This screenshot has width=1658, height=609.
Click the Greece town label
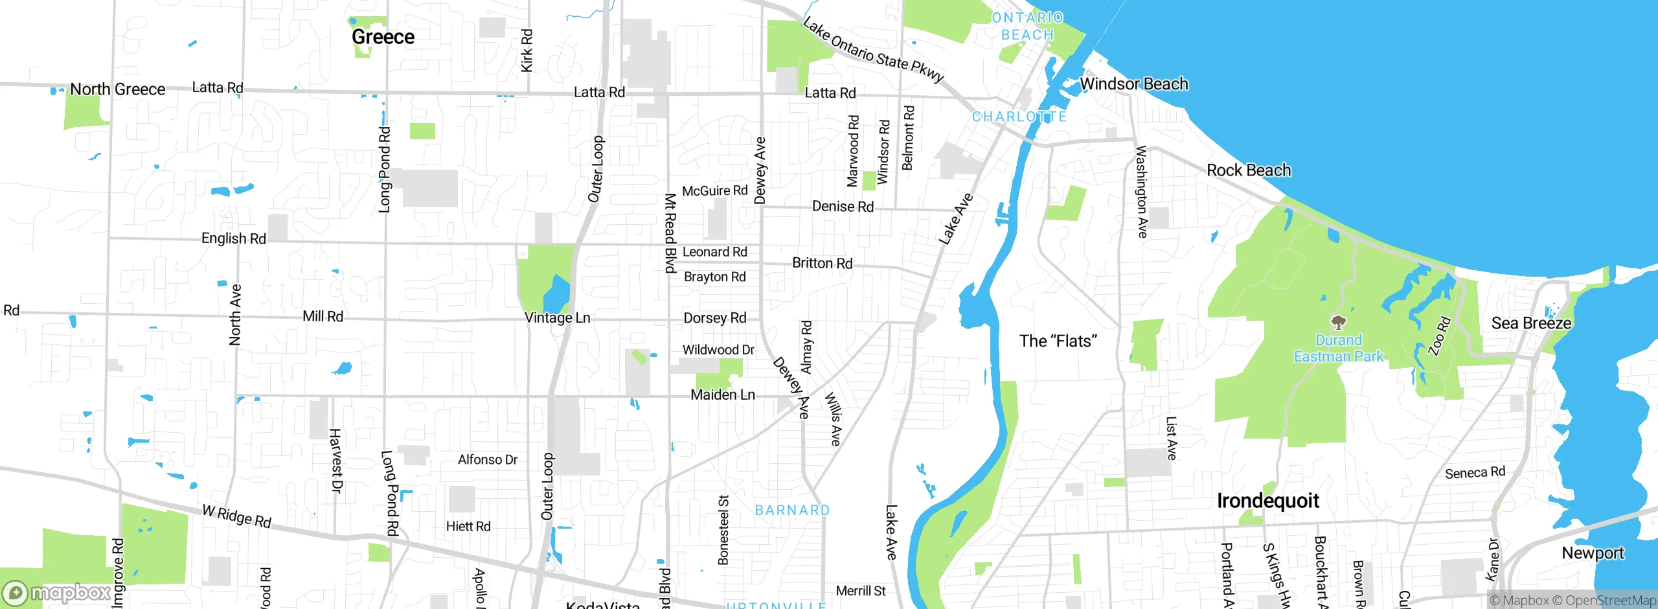pos(383,37)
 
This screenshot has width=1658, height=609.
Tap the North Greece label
pos(117,89)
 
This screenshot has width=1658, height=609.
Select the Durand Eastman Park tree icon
pos(1338,322)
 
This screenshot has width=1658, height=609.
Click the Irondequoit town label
pos(1267,501)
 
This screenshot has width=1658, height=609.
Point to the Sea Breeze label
pos(1531,323)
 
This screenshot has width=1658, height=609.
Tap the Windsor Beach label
pos(1133,84)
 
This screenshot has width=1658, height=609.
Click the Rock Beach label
pos(1248,170)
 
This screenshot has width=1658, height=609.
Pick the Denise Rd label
pos(843,207)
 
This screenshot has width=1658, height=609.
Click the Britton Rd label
pos(822,263)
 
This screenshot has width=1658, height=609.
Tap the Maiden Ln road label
pos(723,395)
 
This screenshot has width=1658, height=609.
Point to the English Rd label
pos(233,238)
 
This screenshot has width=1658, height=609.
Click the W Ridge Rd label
pos(236,516)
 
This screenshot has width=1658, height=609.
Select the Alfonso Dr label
pos(488,460)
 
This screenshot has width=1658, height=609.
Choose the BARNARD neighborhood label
pos(792,511)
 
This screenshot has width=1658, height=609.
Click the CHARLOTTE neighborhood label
pos(1019,117)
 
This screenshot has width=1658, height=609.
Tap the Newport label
pos(1593,553)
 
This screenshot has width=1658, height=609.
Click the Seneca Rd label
pos(1475,473)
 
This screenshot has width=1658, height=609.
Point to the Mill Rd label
pos(323,317)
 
